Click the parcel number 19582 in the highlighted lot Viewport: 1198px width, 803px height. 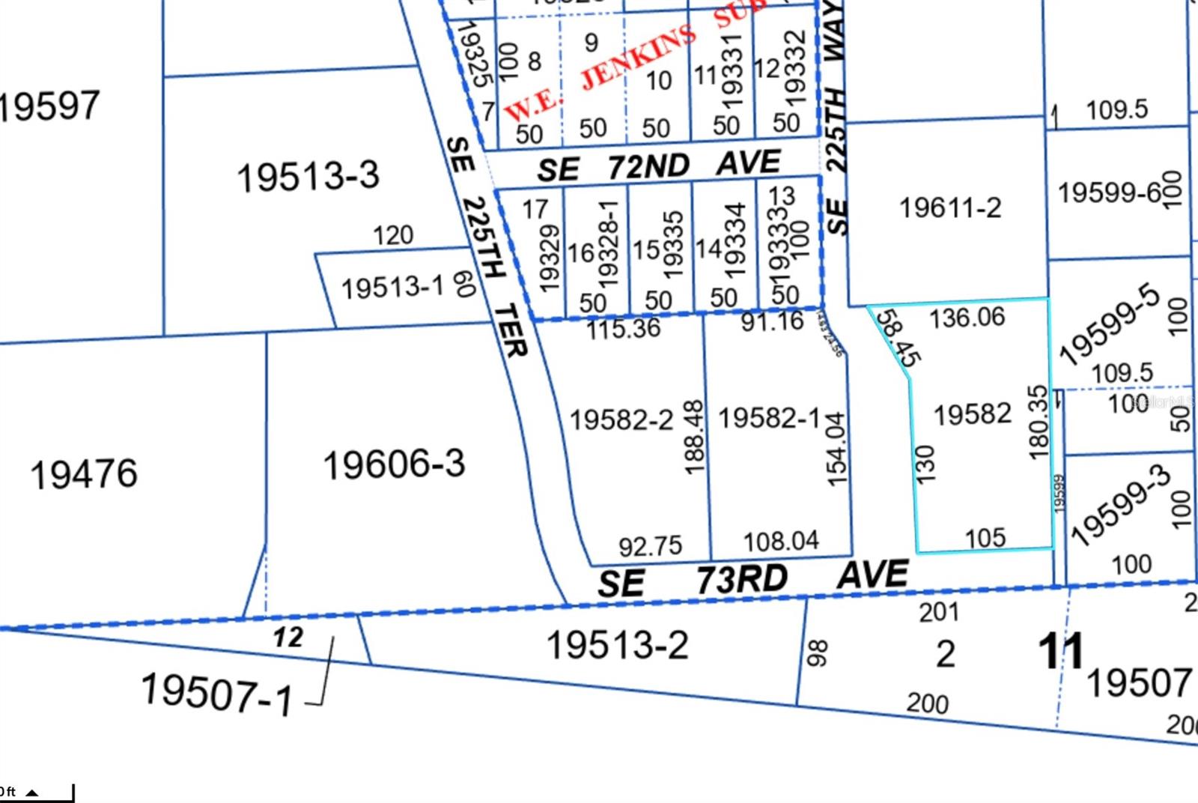click(973, 413)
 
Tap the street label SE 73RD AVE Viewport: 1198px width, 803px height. click(752, 579)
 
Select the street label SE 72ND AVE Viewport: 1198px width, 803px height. click(659, 166)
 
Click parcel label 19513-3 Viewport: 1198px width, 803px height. click(308, 177)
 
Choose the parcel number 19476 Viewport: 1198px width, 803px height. click(84, 473)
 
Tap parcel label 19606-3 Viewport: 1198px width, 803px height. click(394, 464)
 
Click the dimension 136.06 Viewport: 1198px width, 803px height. click(967, 318)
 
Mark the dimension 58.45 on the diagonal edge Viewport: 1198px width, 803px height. click(898, 339)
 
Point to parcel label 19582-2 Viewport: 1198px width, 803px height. click(621, 419)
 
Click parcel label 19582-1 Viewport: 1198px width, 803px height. click(770, 418)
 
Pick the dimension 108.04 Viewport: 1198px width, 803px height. click(781, 540)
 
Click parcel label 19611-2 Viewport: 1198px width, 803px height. click(949, 207)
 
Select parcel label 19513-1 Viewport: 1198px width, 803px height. click(392, 287)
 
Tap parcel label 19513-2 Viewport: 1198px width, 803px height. click(617, 644)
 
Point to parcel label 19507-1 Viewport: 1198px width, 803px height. click(216, 693)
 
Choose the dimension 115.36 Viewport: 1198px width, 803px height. click(623, 327)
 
